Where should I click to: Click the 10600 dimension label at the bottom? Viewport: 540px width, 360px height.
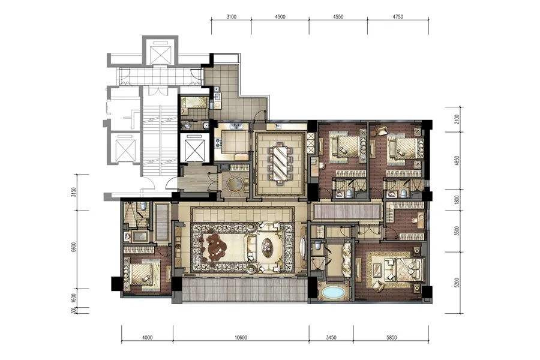pyautogui.click(x=241, y=338)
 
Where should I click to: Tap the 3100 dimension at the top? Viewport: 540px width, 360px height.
pyautogui.click(x=232, y=17)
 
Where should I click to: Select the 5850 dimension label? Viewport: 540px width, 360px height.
pyautogui.click(x=392, y=338)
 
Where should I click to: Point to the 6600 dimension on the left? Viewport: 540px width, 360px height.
pyautogui.click(x=74, y=247)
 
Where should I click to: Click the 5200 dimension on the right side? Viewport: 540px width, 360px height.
pyautogui.click(x=457, y=283)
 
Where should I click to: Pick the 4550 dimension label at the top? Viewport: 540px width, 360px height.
pyautogui.click(x=338, y=17)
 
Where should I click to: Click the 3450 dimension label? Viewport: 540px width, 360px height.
pyautogui.click(x=331, y=338)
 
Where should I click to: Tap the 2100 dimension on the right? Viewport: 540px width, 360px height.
pyautogui.click(x=457, y=119)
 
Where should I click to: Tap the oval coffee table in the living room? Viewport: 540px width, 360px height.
pyautogui.click(x=267, y=247)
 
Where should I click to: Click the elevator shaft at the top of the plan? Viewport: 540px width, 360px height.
pyautogui.click(x=160, y=54)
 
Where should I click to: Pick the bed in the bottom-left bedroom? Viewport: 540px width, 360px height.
pyautogui.click(x=142, y=273)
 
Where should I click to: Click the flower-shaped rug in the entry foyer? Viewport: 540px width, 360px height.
pyautogui.click(x=235, y=184)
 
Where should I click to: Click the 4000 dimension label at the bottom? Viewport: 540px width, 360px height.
pyautogui.click(x=147, y=338)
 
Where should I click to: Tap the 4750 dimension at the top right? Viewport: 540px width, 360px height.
pyautogui.click(x=397, y=17)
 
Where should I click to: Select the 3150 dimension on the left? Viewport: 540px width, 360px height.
pyautogui.click(x=74, y=192)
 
